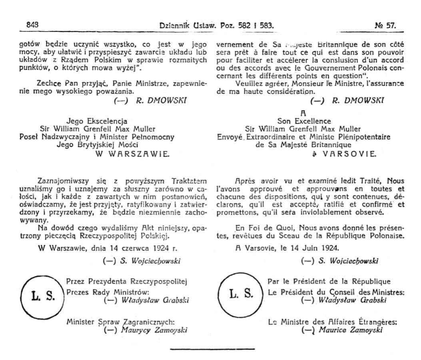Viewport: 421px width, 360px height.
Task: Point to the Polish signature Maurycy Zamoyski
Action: (x=151, y=330)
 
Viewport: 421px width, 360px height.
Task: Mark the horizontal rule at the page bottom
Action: (x=212, y=349)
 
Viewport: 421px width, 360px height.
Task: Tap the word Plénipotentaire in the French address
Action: (x=367, y=137)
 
